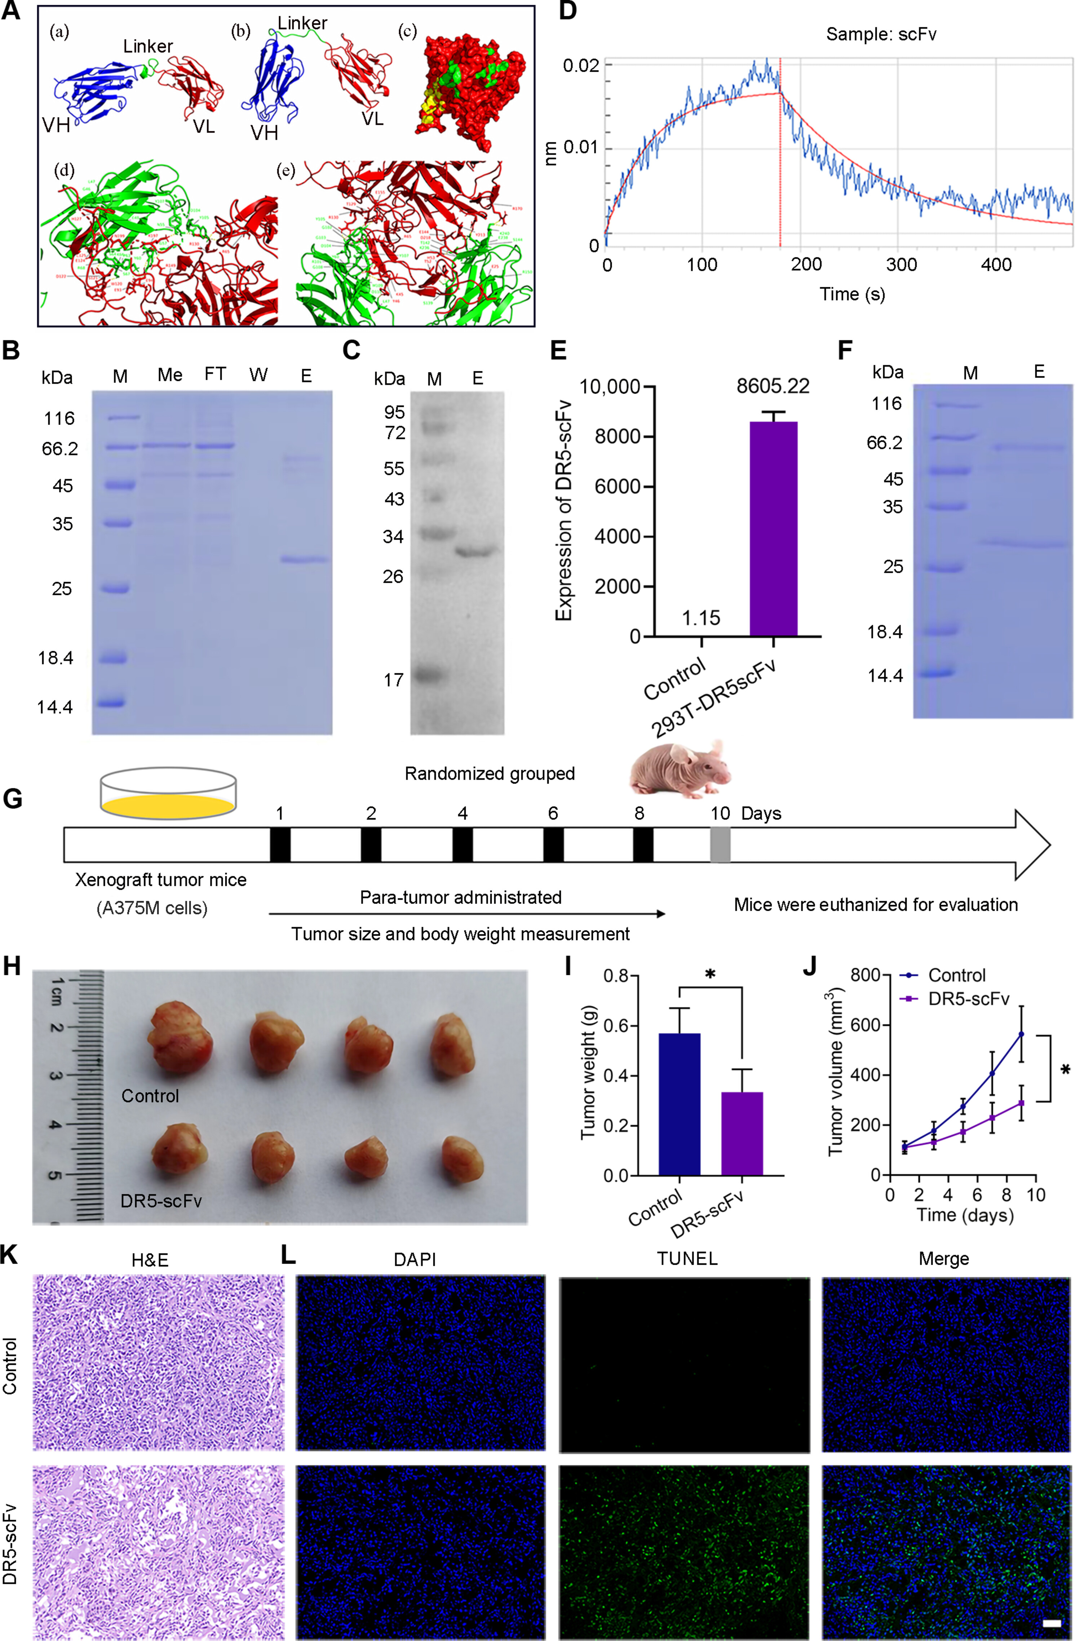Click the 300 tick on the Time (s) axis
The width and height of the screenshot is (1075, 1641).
tap(901, 264)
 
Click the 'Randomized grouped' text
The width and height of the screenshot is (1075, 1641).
tap(490, 773)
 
